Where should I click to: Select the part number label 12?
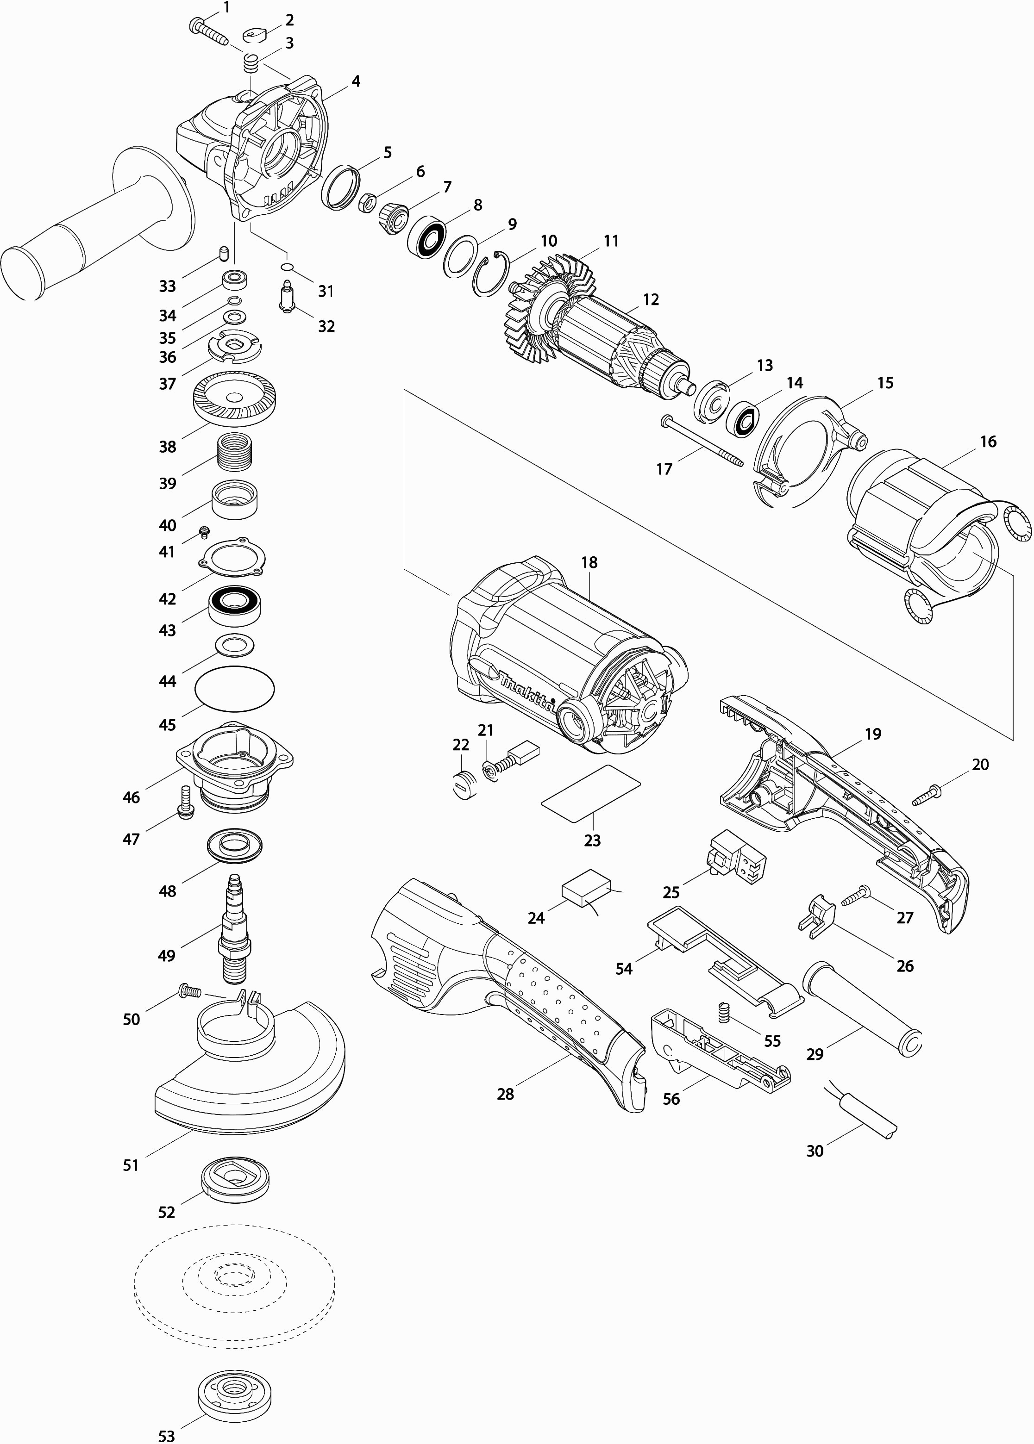[x=651, y=299]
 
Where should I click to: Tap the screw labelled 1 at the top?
[x=208, y=31]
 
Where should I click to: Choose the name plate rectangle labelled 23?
[x=591, y=793]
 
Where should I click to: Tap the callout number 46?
[x=131, y=797]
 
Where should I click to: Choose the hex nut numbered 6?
[x=366, y=203]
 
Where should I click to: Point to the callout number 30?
[x=815, y=1151]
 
